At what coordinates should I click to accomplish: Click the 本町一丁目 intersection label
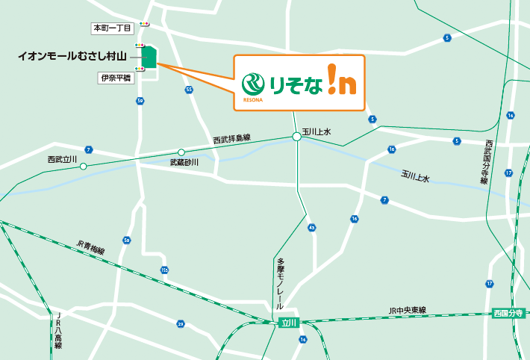111,28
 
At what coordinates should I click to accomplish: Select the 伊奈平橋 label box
115,77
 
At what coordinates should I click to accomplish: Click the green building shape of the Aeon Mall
149,58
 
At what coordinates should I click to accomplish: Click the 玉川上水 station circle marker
296,137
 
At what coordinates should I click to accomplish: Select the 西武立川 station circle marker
84,166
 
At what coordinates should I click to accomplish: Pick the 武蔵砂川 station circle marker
181,152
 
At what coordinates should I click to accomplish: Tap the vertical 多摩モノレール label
281,284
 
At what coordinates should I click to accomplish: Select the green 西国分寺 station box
510,314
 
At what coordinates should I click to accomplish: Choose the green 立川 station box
288,322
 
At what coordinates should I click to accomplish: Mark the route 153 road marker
164,269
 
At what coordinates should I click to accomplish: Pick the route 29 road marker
181,323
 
